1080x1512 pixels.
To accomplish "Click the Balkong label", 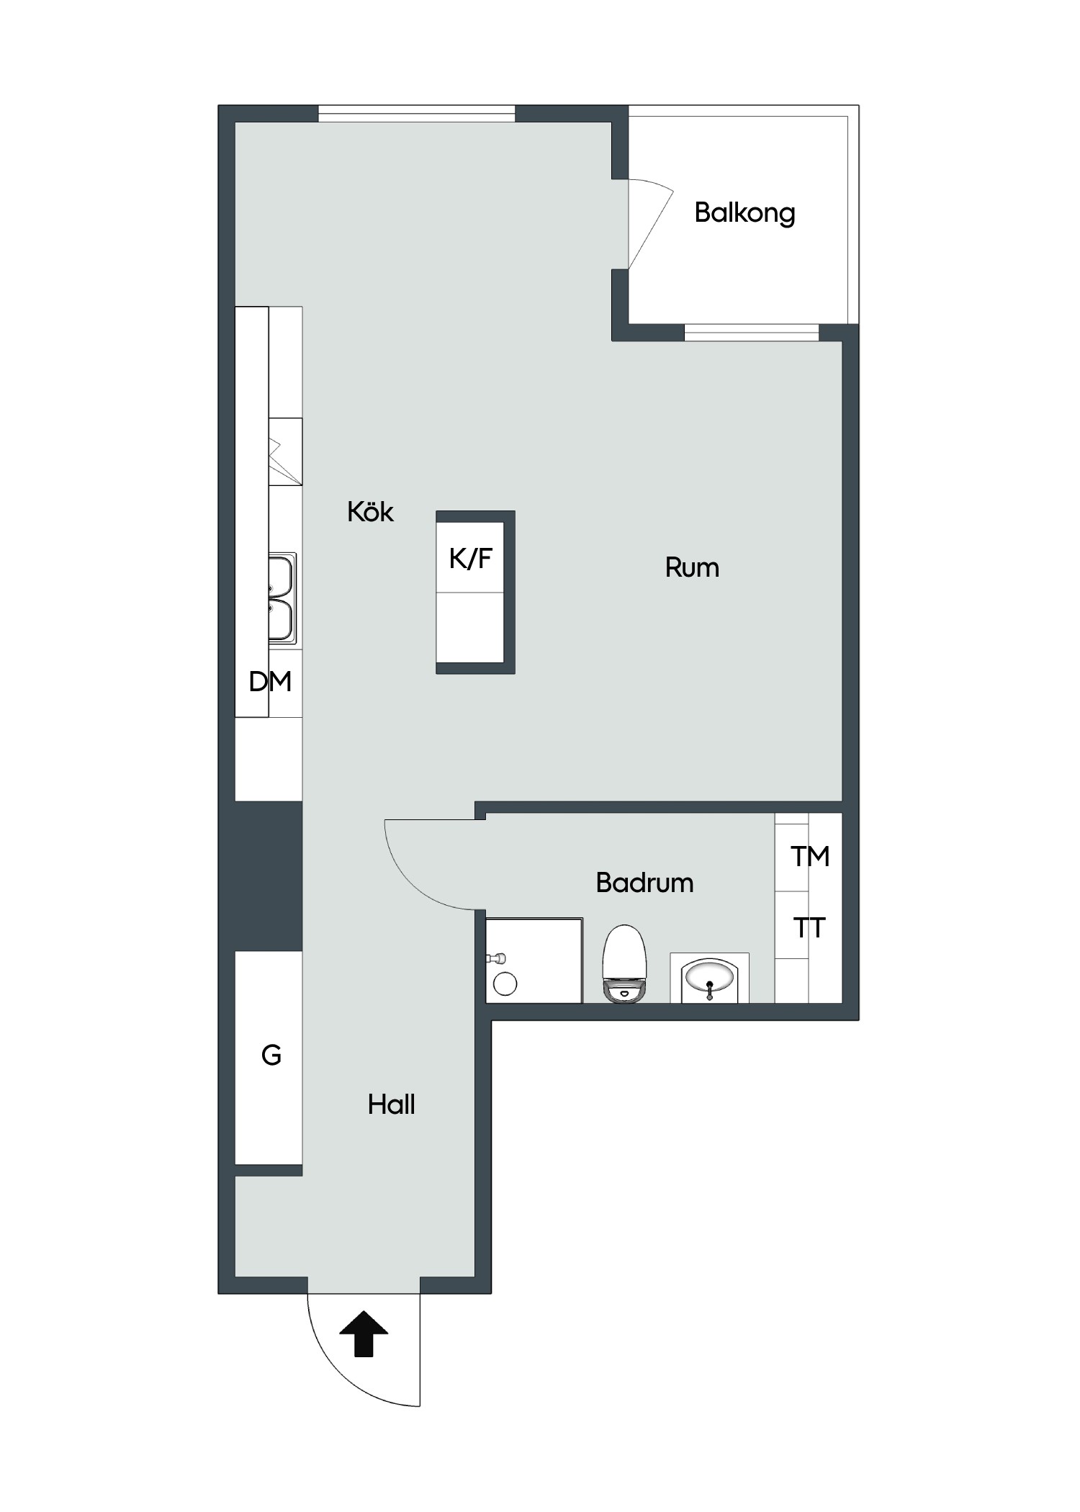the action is (x=744, y=213).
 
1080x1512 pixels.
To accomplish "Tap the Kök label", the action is (x=370, y=512).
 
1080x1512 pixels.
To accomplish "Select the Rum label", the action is (x=692, y=568).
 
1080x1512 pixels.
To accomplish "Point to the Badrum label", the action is (x=644, y=883).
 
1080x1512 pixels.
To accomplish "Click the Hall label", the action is (x=391, y=1104).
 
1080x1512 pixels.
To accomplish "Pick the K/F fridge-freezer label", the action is (x=470, y=558).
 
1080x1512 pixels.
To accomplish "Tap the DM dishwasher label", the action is (x=270, y=681).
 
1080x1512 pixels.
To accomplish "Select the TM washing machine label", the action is (x=810, y=856).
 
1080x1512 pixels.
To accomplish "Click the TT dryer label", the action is (x=809, y=928).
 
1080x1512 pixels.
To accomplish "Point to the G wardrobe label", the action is (x=271, y=1056).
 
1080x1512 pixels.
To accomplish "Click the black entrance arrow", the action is (x=364, y=1333).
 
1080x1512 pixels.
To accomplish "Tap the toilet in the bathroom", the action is (x=624, y=963).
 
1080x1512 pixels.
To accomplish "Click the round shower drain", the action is (x=505, y=984).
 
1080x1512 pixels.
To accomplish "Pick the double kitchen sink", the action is (x=282, y=598).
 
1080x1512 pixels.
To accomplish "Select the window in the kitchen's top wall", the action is (x=417, y=114).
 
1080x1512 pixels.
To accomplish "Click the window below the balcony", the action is (x=752, y=333).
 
